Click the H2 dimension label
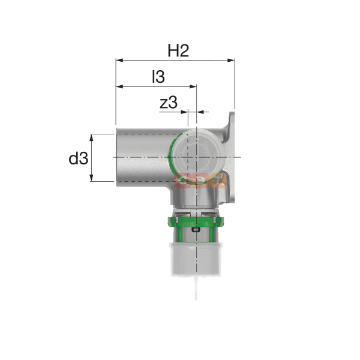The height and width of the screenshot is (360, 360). (178, 51)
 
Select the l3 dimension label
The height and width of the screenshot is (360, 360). (158, 77)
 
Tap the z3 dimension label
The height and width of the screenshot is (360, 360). (169, 103)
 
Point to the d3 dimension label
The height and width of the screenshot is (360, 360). (78, 158)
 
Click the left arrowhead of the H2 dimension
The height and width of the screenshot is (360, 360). (119, 60)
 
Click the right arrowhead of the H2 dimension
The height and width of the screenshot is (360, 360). (231, 60)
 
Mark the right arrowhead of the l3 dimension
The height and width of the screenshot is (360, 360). (193, 86)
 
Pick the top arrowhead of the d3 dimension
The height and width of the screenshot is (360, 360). (92, 138)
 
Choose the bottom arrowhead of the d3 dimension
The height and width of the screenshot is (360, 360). (92, 178)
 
